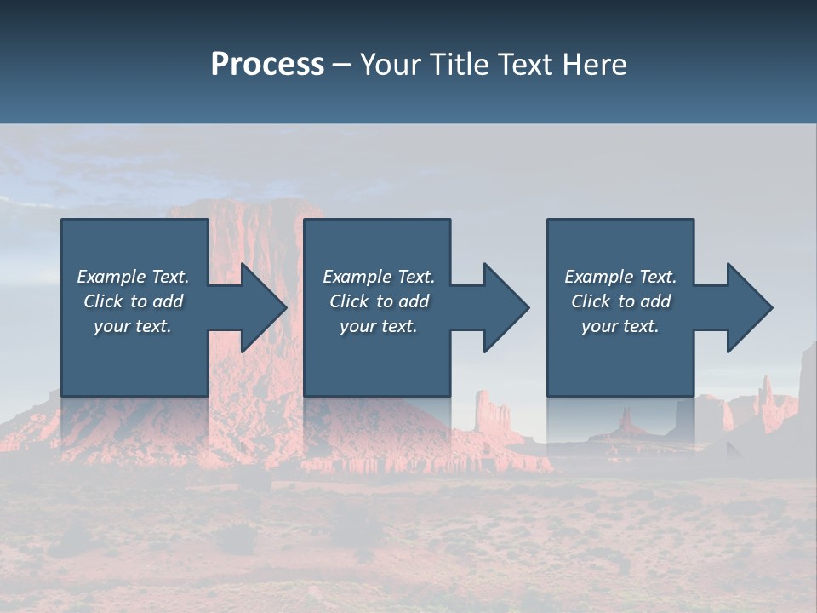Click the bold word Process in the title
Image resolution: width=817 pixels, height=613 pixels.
coord(267,65)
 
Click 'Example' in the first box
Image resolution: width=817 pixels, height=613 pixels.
coord(111,277)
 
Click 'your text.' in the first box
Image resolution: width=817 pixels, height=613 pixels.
coord(133,326)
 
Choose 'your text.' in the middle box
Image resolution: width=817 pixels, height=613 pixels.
coord(378,326)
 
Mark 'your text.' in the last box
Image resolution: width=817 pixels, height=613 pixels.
coord(620,326)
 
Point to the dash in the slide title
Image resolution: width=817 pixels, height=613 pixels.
coord(342,65)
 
